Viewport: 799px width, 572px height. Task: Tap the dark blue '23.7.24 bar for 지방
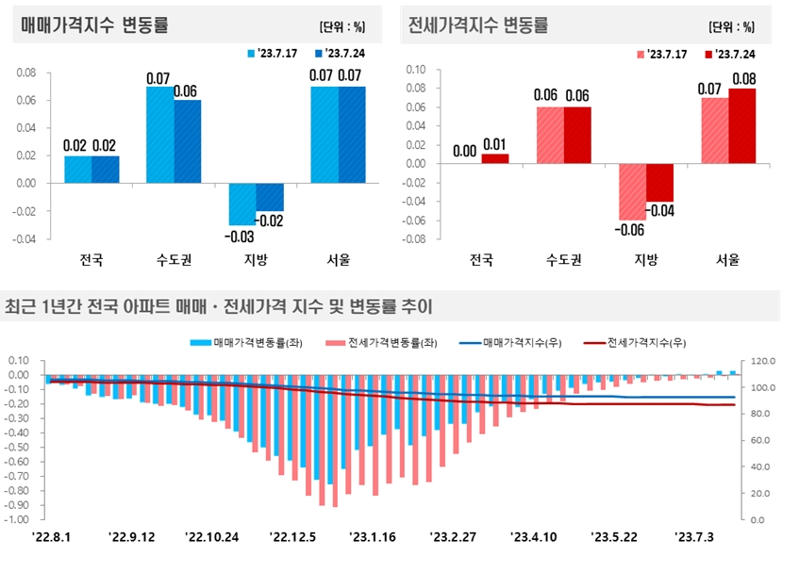[271, 197]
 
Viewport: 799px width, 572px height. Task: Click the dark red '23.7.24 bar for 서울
[741, 125]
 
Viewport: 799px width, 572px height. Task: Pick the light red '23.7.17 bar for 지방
[632, 191]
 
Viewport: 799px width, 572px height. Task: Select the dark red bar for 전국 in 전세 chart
[495, 158]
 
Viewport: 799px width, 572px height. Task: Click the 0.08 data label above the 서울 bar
[741, 77]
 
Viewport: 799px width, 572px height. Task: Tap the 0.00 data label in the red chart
[465, 150]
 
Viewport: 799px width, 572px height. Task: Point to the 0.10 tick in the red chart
[414, 70]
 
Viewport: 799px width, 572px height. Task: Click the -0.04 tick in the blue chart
[24, 239]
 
